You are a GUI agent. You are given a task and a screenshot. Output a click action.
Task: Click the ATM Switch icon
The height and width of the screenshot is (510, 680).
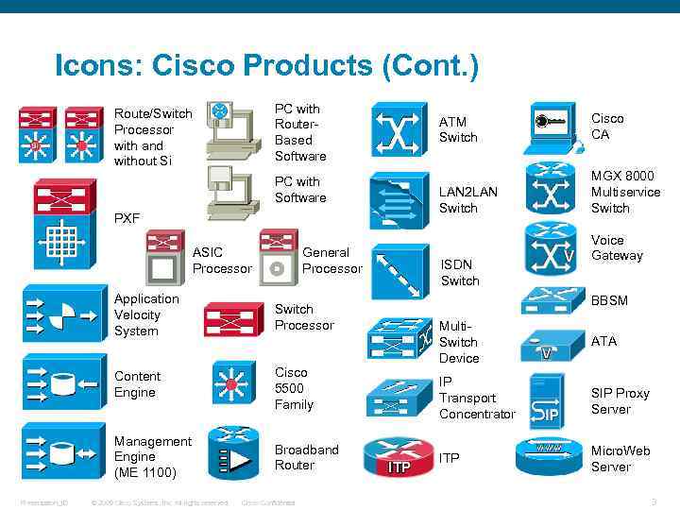399,129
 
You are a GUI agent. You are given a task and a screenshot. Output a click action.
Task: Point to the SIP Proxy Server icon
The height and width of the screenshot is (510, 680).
549,399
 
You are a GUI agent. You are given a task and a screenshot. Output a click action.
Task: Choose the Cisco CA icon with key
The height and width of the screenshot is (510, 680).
552,127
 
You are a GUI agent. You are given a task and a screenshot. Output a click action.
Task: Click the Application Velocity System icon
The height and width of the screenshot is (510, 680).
59,315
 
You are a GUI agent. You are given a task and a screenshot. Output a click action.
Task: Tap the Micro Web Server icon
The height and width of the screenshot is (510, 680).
549,456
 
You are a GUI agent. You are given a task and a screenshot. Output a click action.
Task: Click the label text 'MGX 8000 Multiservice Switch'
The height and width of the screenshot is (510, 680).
625,192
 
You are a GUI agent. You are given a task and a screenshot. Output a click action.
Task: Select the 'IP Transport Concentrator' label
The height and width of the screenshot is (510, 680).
477,398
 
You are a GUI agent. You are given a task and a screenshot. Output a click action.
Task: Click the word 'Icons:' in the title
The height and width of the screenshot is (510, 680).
98,66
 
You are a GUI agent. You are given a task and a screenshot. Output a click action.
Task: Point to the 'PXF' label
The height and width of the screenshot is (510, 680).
127,218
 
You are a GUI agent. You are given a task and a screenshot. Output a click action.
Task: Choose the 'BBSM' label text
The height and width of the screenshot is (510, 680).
609,300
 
